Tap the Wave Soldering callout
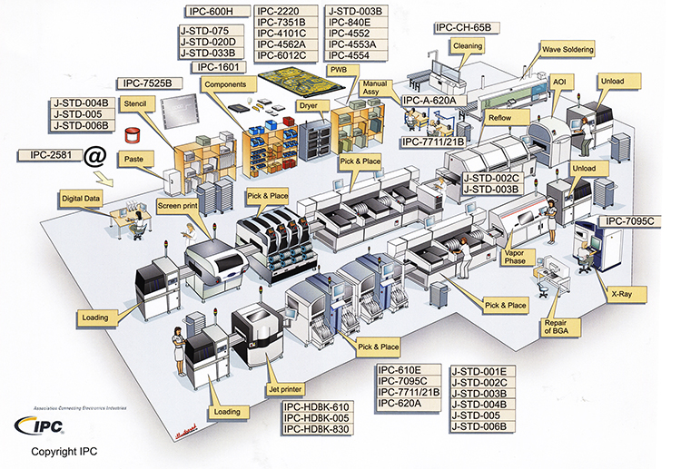pyautogui.click(x=567, y=48)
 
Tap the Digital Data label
pyautogui.click(x=80, y=198)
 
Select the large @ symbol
pyautogui.click(x=94, y=157)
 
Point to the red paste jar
pyautogui.click(x=134, y=136)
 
